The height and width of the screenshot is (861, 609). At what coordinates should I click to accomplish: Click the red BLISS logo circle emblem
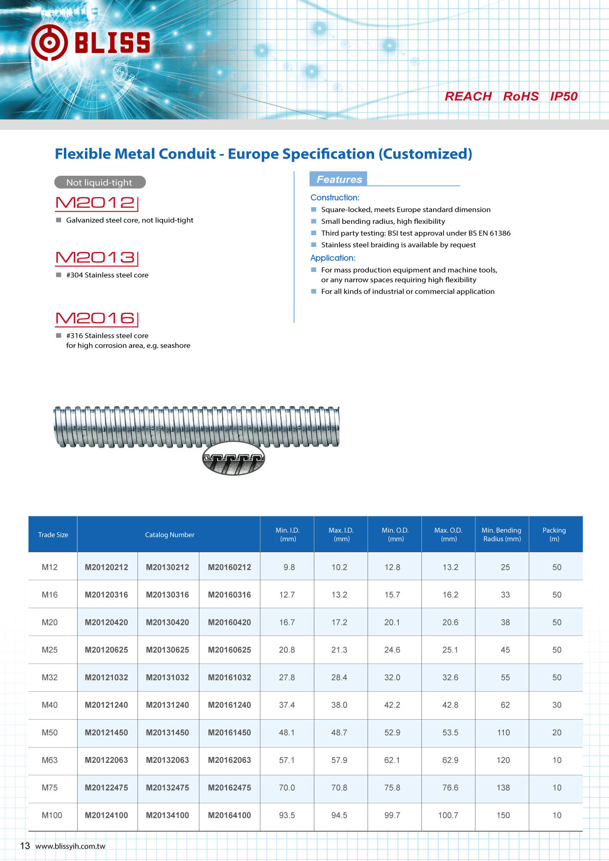49,43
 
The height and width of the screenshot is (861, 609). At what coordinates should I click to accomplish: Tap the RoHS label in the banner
521,96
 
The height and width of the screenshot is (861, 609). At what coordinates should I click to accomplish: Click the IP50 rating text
563,96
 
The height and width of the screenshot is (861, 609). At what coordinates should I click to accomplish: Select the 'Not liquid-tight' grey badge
100,182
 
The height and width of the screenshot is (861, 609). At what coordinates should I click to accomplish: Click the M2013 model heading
96,258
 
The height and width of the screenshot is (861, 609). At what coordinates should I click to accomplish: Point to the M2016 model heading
96,319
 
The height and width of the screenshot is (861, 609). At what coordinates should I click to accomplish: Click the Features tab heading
339,179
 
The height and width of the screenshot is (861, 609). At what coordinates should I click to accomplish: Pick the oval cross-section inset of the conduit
233,458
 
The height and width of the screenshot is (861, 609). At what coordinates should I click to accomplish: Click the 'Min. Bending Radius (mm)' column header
501,535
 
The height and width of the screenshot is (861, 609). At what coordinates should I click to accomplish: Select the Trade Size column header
53,535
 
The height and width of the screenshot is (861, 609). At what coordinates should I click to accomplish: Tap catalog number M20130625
167,650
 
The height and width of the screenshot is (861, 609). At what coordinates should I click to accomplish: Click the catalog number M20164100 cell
229,815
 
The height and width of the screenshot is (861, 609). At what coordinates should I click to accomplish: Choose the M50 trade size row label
50,732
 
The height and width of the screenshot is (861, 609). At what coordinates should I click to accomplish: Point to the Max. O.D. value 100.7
448,815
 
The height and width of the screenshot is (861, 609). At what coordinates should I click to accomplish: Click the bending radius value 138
503,788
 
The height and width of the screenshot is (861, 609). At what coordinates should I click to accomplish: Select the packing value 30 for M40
556,705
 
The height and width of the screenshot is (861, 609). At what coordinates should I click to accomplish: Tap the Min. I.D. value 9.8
289,567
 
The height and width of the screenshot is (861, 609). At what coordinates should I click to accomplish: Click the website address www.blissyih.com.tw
70,846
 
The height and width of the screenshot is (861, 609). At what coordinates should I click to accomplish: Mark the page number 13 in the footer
25,846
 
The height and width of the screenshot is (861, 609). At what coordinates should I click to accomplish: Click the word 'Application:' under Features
332,258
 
